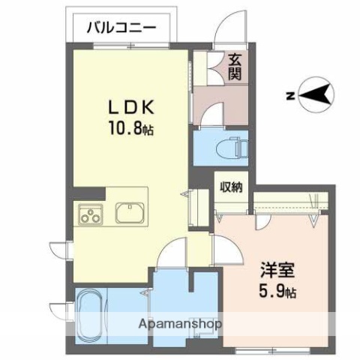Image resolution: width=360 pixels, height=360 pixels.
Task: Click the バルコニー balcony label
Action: (x=121, y=28)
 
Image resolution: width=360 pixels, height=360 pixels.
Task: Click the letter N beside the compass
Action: (x=289, y=96)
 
